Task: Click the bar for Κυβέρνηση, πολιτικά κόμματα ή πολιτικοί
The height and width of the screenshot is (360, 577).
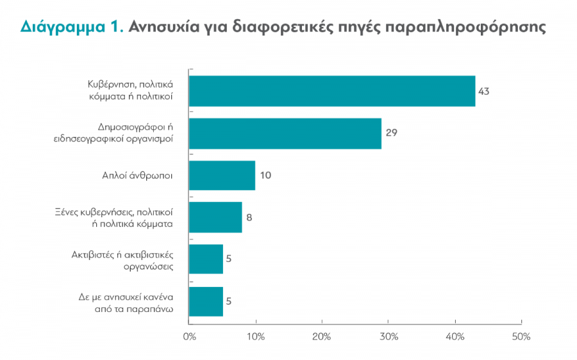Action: click(x=332, y=91)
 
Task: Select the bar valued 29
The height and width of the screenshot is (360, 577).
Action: click(x=285, y=133)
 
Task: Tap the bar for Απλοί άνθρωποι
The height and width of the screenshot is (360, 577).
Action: click(x=222, y=176)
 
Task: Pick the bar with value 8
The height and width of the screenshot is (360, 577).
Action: click(x=215, y=217)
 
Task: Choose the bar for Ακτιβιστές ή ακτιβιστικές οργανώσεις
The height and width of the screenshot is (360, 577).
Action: click(x=206, y=259)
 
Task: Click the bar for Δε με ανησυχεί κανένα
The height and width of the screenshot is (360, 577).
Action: click(x=206, y=301)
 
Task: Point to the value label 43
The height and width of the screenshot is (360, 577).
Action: click(x=483, y=91)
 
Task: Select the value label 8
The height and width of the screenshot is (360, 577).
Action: click(x=249, y=217)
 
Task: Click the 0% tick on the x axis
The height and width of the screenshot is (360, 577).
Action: click(x=189, y=337)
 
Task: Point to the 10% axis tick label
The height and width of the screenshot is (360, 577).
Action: click(x=255, y=337)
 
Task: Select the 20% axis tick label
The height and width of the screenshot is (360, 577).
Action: click(x=322, y=337)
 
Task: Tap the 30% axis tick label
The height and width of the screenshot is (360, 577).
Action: click(x=389, y=337)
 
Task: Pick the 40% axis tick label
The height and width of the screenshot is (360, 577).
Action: click(x=455, y=337)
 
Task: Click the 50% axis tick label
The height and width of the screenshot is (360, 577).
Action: click(x=521, y=337)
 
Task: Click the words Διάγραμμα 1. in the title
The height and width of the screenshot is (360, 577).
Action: click(x=72, y=28)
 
